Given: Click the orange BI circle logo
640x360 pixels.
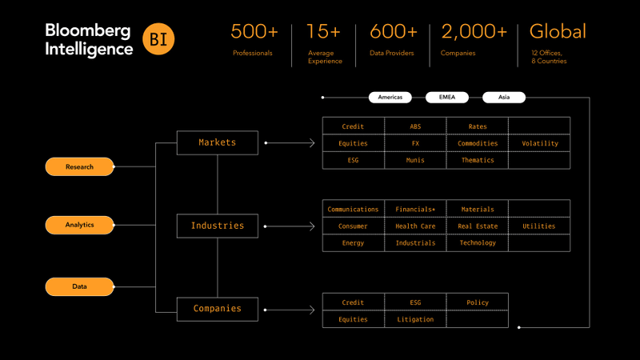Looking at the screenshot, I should pyautogui.click(x=158, y=39).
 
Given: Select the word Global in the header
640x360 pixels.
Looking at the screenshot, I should pyautogui.click(x=558, y=32).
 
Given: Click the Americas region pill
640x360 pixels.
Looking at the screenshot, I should pyautogui.click(x=390, y=97).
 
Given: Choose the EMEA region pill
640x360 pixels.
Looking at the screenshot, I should pyautogui.click(x=447, y=97).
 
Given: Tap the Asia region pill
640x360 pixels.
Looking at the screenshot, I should pyautogui.click(x=504, y=97).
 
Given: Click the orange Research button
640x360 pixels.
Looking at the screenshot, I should pyautogui.click(x=80, y=166).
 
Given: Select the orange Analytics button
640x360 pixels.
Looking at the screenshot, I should pyautogui.click(x=80, y=225).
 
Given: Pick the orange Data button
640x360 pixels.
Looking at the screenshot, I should pyautogui.click(x=80, y=286).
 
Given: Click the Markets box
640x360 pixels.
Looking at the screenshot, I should pyautogui.click(x=218, y=142).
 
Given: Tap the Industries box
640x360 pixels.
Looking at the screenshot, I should pyautogui.click(x=218, y=226).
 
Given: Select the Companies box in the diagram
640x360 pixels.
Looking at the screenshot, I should pyautogui.click(x=218, y=309).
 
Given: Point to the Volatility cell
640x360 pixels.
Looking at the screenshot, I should pyautogui.click(x=539, y=143).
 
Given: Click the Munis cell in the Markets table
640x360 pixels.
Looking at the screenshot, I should pyautogui.click(x=415, y=160).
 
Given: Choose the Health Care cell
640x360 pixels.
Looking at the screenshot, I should pyautogui.click(x=415, y=226).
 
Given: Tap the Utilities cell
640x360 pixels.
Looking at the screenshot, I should pyautogui.click(x=539, y=226).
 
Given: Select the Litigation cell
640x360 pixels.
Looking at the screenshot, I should pyautogui.click(x=415, y=319).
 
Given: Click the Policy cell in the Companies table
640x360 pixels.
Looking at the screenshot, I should pyautogui.click(x=477, y=302).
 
